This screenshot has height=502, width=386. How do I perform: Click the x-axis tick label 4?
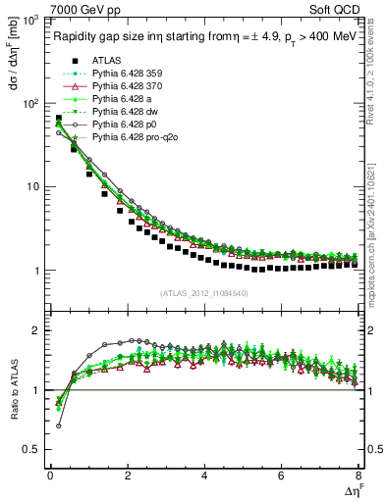[x=203, y=476]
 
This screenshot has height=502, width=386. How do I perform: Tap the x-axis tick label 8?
[x=358, y=476]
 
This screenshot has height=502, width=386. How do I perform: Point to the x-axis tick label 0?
[x=50, y=476]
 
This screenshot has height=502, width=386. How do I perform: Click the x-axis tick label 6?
[x=281, y=476]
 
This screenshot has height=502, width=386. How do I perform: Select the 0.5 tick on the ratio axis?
[x=35, y=449]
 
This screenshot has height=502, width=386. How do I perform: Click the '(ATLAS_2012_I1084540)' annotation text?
[x=203, y=293]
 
